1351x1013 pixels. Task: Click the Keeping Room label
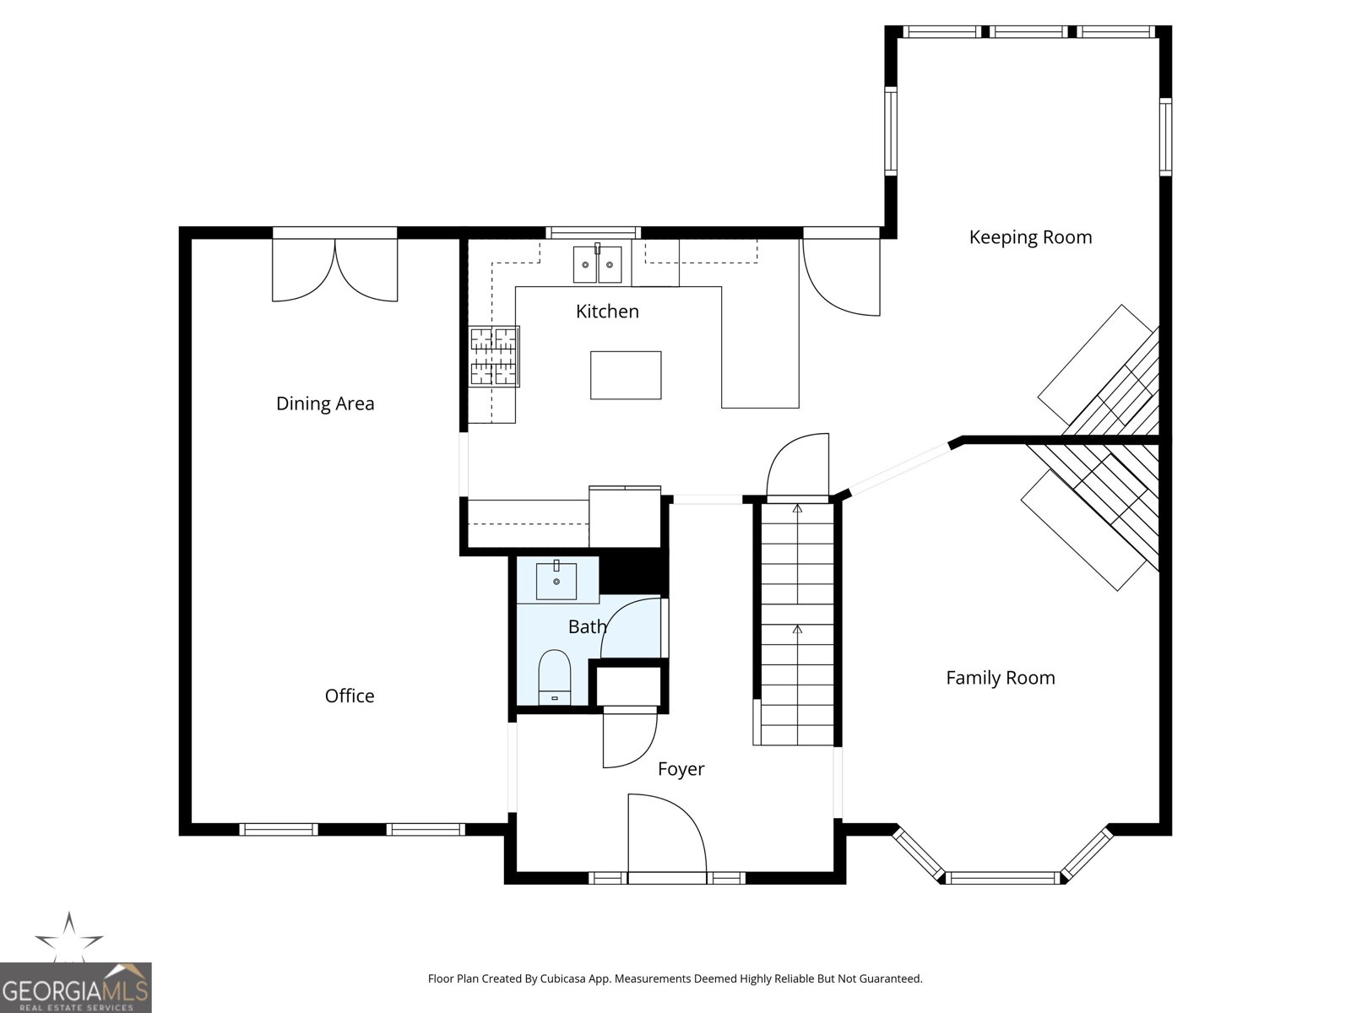pyautogui.click(x=1030, y=237)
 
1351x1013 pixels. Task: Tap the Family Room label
pyautogui.click(x=1001, y=678)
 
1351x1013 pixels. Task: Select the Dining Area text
pyautogui.click(x=325, y=404)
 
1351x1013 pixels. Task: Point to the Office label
pyautogui.click(x=350, y=696)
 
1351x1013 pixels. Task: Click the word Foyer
pyautogui.click(x=681, y=769)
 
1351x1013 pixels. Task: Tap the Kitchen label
pyautogui.click(x=607, y=311)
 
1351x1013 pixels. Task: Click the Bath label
pyautogui.click(x=587, y=626)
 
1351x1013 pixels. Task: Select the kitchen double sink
pyautogui.click(x=597, y=264)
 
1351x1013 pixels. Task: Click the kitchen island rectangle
pyautogui.click(x=626, y=375)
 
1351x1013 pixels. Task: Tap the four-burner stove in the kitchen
pyautogui.click(x=494, y=357)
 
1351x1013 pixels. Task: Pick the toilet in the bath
pyautogui.click(x=555, y=677)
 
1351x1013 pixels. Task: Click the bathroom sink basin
pyautogui.click(x=556, y=581)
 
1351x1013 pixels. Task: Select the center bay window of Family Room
pyautogui.click(x=1003, y=878)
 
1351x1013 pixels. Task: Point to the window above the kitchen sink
pyautogui.click(x=594, y=232)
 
